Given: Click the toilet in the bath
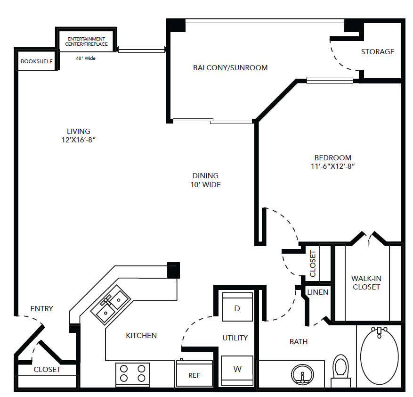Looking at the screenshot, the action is [340, 371].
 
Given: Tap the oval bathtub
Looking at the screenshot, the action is [379, 356].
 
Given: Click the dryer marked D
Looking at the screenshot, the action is [237, 307].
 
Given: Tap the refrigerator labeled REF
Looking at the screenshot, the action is [194, 373].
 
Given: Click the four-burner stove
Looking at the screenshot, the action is [133, 374].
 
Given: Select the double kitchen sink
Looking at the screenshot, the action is [110, 304].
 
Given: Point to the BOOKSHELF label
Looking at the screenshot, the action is [37, 61].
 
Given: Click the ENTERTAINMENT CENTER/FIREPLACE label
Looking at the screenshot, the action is [86, 41].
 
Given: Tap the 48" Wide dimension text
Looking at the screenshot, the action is [86, 58].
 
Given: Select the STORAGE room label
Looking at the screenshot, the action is [378, 52].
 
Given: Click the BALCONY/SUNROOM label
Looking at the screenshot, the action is [230, 68].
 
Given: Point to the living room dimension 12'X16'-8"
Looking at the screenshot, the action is [79, 140].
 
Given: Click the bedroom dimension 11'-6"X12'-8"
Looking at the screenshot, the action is [333, 166].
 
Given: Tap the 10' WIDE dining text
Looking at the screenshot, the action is [206, 185].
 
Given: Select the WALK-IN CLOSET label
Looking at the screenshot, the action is [366, 282].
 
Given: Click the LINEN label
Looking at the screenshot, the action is [318, 292].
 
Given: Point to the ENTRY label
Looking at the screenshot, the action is [41, 308].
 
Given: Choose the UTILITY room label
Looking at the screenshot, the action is [235, 338].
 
